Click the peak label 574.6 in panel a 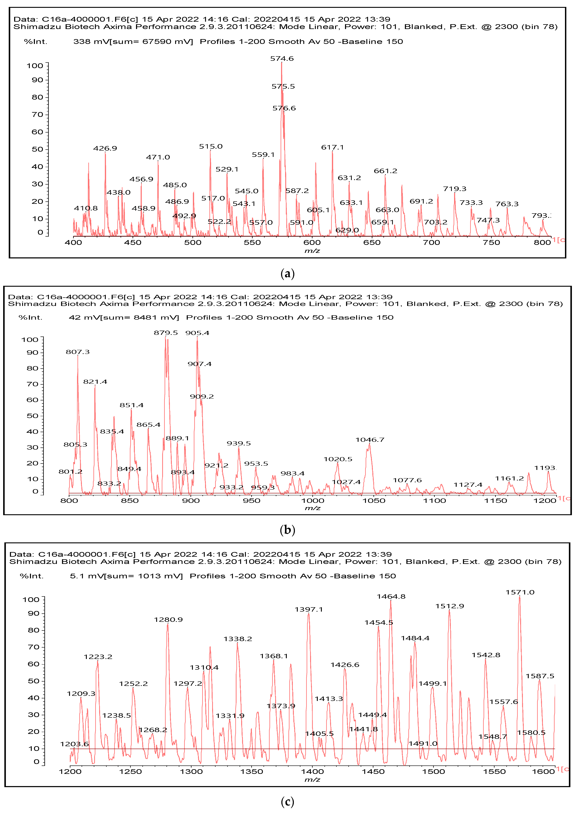coord(282,58)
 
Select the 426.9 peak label coord(105,148)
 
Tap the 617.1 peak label coord(332,147)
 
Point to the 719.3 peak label coord(455,189)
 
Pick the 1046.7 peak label coord(370,440)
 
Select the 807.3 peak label coord(77,352)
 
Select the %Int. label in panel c coord(31,576)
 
